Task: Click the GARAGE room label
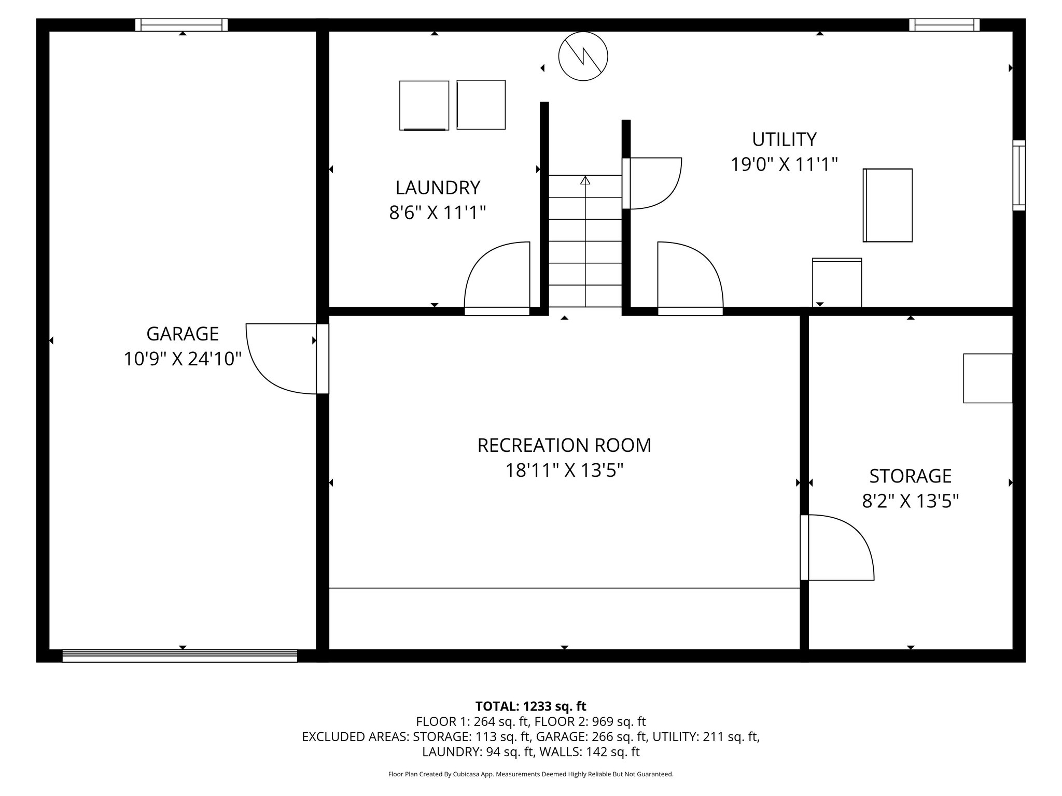pos(183,334)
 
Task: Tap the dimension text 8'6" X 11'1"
pos(437,212)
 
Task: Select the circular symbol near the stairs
pos(583,56)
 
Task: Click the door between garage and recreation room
pos(283,358)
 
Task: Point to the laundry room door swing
pos(497,277)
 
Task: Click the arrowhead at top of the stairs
pos(585,180)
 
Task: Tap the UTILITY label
pos(784,139)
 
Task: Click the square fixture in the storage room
pos(987,378)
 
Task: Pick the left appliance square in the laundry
pos(424,105)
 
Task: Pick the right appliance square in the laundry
pos(481,105)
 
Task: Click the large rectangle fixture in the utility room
pos(887,205)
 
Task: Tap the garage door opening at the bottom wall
pos(179,656)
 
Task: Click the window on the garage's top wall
pos(181,25)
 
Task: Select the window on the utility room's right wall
pos(1018,175)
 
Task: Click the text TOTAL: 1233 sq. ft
pos(530,706)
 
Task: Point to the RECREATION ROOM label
pos(564,445)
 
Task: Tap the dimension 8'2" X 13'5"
pos(910,501)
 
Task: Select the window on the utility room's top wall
pos(944,25)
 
